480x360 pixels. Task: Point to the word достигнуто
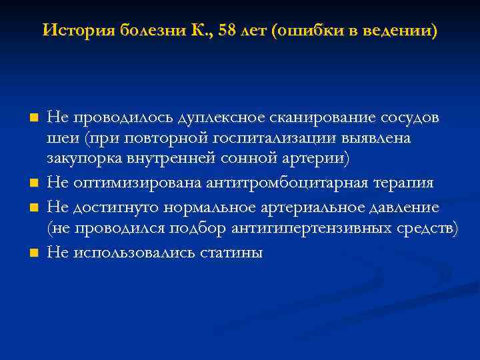coord(110,207)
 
